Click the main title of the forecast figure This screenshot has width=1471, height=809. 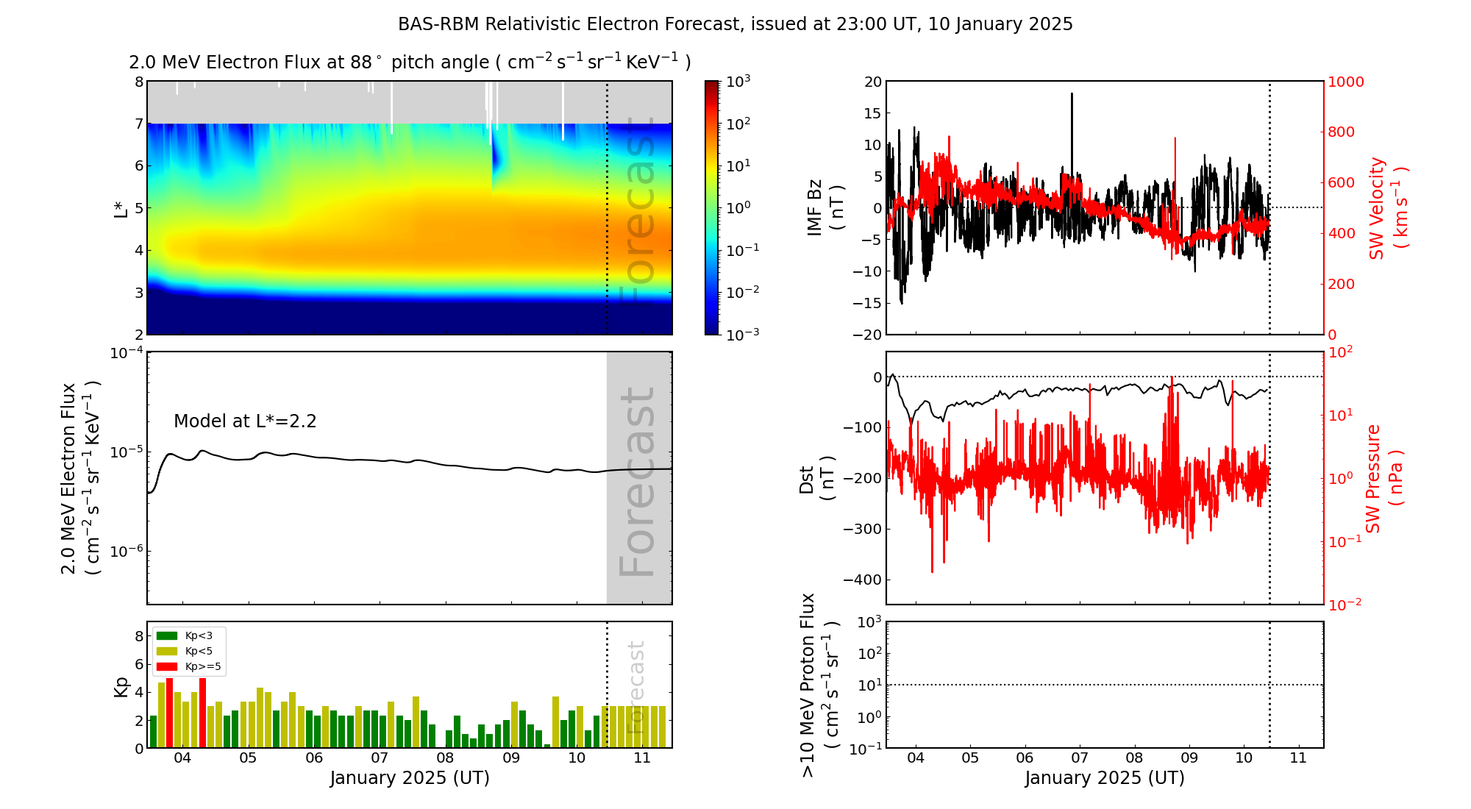pyautogui.click(x=735, y=24)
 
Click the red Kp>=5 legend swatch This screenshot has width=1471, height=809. pyautogui.click(x=167, y=667)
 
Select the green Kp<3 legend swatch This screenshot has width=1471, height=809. pyautogui.click(x=167, y=635)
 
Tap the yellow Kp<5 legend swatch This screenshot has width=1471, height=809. pyautogui.click(x=167, y=651)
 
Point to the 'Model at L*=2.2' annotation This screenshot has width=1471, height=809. pyautogui.click(x=245, y=421)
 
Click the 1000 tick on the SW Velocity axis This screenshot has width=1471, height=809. pyautogui.click(x=1345, y=82)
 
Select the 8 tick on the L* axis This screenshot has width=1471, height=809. pyautogui.click(x=138, y=82)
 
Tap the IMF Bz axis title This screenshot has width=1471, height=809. pyautogui.click(x=825, y=207)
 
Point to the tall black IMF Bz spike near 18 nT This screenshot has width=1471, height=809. pyautogui.click(x=1072, y=96)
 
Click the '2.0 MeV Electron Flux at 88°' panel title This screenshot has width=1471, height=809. pyautogui.click(x=410, y=63)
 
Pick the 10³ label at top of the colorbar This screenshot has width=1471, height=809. pyautogui.click(x=738, y=81)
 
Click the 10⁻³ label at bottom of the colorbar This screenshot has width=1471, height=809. pyautogui.click(x=742, y=334)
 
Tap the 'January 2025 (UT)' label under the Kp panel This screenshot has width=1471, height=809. pyautogui.click(x=410, y=778)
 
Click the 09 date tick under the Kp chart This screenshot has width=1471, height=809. pyautogui.click(x=510, y=758)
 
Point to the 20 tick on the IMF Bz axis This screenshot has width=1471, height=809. pyautogui.click(x=872, y=82)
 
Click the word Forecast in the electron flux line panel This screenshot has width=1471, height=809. pyautogui.click(x=638, y=482)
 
